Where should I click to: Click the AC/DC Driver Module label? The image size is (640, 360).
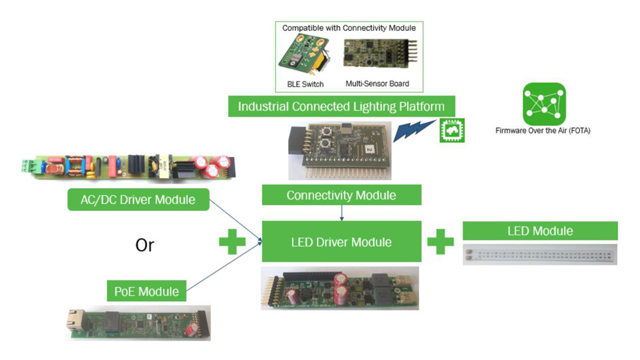pos(139,200)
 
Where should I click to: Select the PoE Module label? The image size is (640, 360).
pos(147,291)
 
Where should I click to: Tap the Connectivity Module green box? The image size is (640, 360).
pos(341,195)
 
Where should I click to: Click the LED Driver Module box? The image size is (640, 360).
pos(341,242)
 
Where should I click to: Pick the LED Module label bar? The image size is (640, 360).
pos(540,231)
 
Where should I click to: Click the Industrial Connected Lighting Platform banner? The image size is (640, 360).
pos(341,106)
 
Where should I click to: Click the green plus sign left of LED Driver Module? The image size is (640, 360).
pos(233,242)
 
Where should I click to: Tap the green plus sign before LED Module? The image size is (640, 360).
pos(441,242)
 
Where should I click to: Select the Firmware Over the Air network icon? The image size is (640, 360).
pos(543,104)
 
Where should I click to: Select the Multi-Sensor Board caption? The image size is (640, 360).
pos(377,84)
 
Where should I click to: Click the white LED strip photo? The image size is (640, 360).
pos(540,254)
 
